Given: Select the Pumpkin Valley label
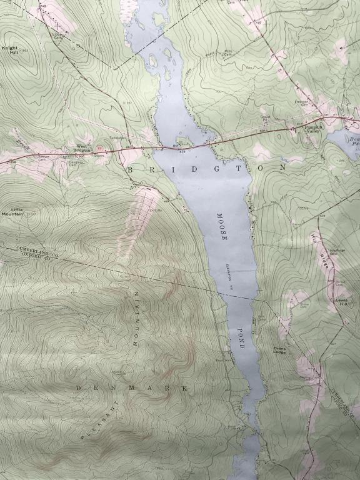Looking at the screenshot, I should pyautogui.click(x=312, y=129).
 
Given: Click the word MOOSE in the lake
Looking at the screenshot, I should pyautogui.click(x=220, y=227).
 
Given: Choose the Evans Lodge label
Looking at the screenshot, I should pyautogui.click(x=279, y=351).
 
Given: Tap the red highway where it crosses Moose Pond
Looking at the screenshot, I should pyautogui.click(x=187, y=146).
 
